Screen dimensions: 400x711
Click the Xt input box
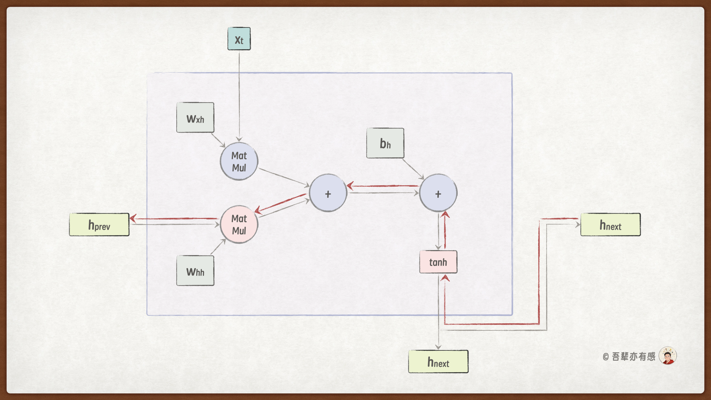click(239, 39)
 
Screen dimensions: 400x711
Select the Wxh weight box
click(195, 118)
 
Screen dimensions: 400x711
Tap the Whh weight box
click(195, 271)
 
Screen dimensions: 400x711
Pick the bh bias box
click(385, 143)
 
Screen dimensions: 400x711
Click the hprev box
click(99, 225)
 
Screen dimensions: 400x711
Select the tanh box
click(438, 262)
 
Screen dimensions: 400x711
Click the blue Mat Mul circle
click(239, 161)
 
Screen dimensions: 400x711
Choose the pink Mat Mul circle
click(239, 224)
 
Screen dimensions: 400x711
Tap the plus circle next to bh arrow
click(438, 193)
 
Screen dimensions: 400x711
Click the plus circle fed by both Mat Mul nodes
click(328, 193)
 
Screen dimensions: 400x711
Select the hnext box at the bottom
click(438, 362)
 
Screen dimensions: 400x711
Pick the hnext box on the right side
click(610, 225)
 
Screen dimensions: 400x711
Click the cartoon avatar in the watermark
click(668, 356)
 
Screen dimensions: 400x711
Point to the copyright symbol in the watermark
click(606, 357)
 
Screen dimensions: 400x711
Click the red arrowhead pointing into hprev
click(133, 219)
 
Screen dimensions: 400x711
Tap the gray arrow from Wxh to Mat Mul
click(218, 140)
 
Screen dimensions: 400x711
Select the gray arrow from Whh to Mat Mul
click(218, 247)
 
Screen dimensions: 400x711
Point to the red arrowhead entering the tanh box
click(445, 278)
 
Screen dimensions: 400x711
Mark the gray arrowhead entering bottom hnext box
click(438, 347)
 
